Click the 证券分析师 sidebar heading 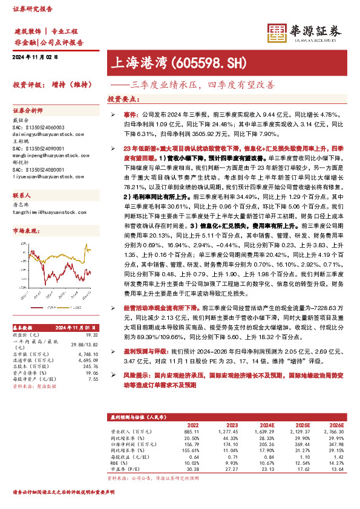point(28,111)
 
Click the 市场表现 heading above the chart point(27,231)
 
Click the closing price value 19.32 point(91,334)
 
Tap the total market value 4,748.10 point(87,354)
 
